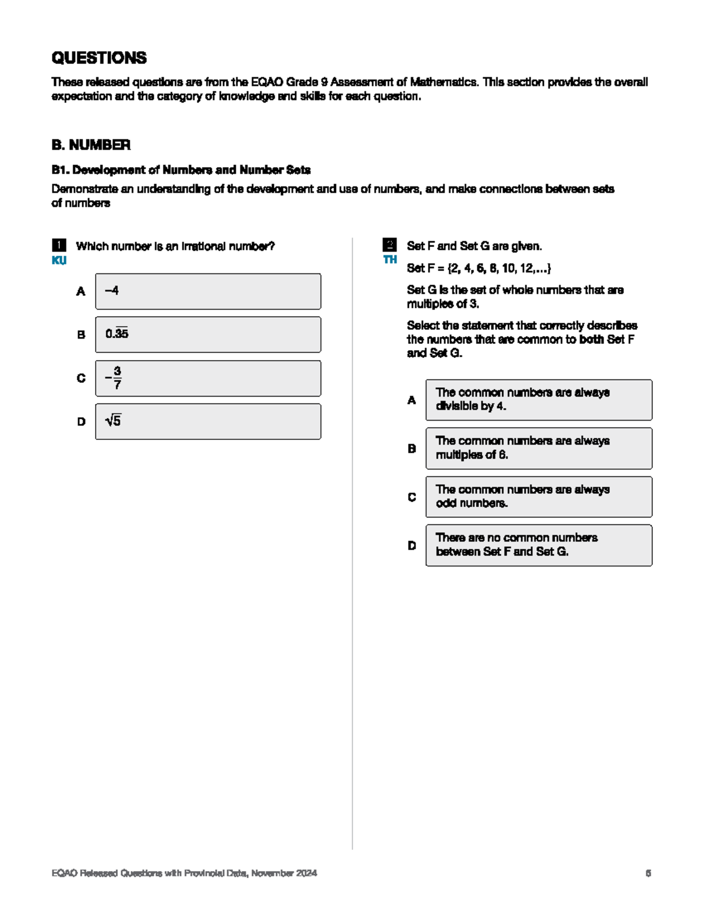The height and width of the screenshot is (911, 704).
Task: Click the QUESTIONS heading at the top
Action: pyautogui.click(x=99, y=58)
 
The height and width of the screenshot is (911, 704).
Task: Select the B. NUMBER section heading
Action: pyautogui.click(x=91, y=145)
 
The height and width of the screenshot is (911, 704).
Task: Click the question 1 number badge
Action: pyautogui.click(x=59, y=245)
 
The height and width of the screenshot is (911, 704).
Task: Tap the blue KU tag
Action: pyautogui.click(x=59, y=260)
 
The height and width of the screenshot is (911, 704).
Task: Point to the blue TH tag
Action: pyautogui.click(x=390, y=259)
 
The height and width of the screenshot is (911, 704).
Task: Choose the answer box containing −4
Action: pyautogui.click(x=208, y=291)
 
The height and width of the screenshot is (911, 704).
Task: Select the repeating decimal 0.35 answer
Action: pyautogui.click(x=208, y=334)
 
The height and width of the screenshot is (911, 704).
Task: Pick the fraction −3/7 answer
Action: pyautogui.click(x=208, y=378)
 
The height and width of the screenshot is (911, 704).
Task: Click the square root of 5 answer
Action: pyautogui.click(x=208, y=421)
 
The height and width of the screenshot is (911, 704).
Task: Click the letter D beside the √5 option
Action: pyautogui.click(x=81, y=421)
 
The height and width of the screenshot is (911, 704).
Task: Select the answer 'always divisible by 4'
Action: pyautogui.click(x=539, y=399)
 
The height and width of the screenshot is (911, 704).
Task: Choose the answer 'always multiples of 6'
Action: pyautogui.click(x=539, y=448)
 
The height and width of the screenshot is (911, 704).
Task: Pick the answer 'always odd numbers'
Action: pyautogui.click(x=539, y=496)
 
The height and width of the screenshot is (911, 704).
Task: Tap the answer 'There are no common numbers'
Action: pyautogui.click(x=539, y=545)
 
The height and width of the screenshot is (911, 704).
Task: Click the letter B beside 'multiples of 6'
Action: pyautogui.click(x=412, y=448)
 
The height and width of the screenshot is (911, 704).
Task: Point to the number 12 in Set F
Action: pyautogui.click(x=526, y=268)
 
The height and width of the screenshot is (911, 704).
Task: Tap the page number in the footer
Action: pyautogui.click(x=648, y=873)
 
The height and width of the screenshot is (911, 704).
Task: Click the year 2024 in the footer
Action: pyautogui.click(x=306, y=873)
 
